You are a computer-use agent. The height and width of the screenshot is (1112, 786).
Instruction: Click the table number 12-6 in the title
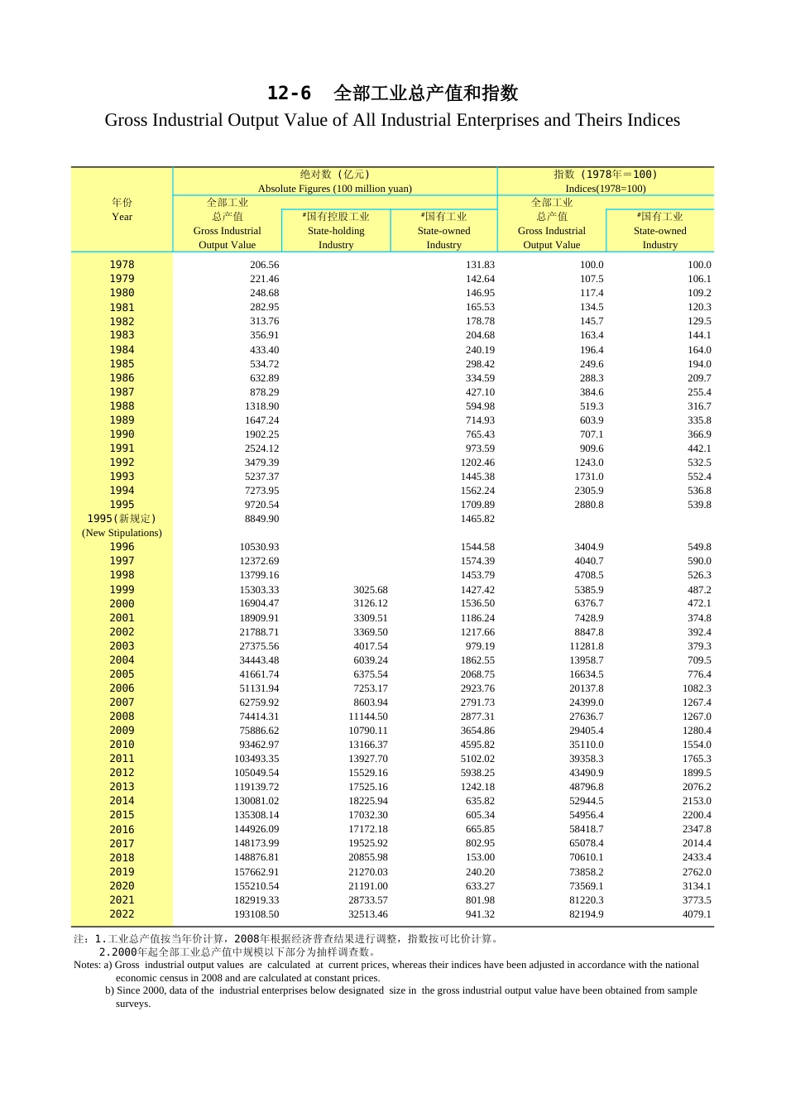click(x=289, y=93)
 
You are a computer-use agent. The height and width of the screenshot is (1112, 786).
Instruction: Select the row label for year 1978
click(x=122, y=265)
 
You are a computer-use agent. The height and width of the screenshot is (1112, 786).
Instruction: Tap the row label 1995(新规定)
click(x=122, y=519)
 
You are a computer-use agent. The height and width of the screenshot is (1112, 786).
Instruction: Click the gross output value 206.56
click(x=264, y=265)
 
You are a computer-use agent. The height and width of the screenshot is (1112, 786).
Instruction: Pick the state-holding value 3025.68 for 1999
click(x=370, y=590)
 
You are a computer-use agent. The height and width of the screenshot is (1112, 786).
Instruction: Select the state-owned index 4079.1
click(x=697, y=914)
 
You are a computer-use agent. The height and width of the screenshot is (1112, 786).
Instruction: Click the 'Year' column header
click(x=122, y=217)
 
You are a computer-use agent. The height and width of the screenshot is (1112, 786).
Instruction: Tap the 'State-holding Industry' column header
click(x=336, y=238)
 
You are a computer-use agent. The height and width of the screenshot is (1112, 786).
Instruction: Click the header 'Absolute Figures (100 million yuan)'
click(x=334, y=189)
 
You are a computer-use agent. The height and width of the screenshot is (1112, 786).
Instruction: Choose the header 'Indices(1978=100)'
click(x=605, y=189)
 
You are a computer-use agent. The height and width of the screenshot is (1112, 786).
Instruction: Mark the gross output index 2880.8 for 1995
click(x=589, y=505)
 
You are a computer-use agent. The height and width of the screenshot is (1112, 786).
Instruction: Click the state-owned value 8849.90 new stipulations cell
click(x=261, y=519)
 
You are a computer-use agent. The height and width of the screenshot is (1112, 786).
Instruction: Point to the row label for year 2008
click(x=122, y=717)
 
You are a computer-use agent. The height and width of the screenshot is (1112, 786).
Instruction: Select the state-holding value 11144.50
click(x=367, y=717)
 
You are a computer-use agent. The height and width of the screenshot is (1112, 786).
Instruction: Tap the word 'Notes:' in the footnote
click(x=87, y=965)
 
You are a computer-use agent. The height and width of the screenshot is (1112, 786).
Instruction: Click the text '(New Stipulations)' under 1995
click(x=122, y=533)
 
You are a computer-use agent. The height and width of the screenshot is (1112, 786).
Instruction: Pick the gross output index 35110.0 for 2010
click(x=586, y=745)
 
